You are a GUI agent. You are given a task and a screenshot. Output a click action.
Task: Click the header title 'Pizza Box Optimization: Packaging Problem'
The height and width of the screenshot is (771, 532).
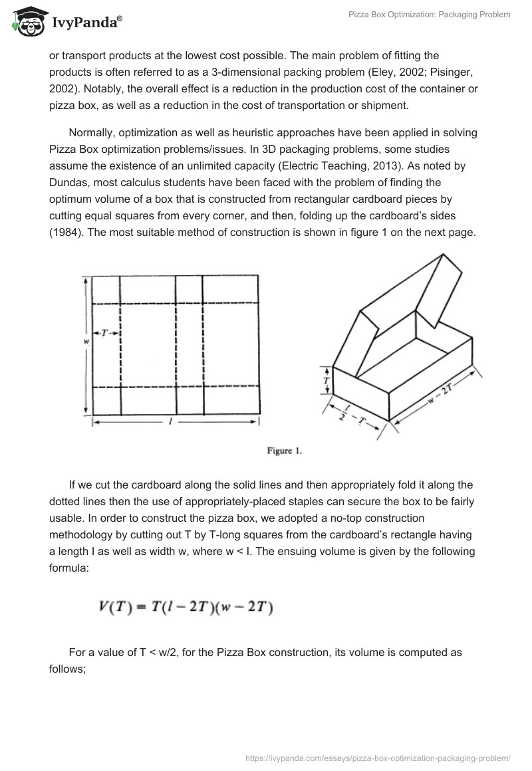click(430, 15)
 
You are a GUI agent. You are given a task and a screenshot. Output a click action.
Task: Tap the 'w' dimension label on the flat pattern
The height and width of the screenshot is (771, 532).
click(86, 342)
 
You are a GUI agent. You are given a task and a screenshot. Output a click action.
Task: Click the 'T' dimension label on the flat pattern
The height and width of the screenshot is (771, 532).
click(105, 332)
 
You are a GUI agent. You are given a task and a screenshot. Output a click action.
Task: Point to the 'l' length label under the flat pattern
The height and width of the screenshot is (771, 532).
click(172, 421)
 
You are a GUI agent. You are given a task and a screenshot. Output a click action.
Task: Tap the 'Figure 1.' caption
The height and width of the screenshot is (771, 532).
click(285, 451)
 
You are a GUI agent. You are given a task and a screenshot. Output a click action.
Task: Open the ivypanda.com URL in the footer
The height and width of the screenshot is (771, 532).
click(378, 758)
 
